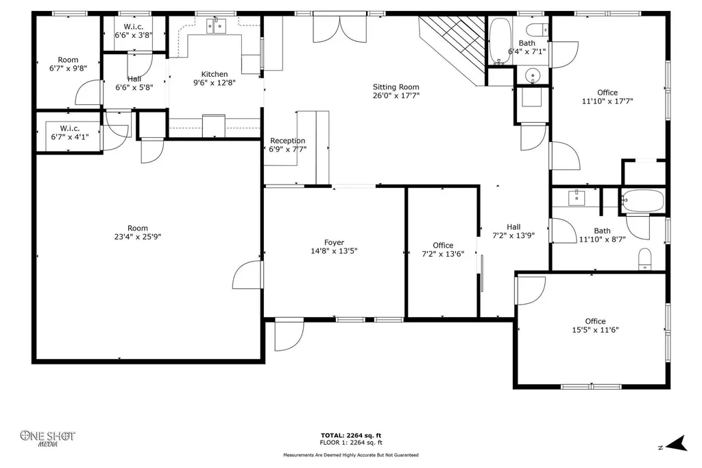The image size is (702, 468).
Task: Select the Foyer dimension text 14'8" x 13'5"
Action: click(334, 251)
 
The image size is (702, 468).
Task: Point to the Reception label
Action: click(287, 141)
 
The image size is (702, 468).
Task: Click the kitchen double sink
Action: click(216, 26)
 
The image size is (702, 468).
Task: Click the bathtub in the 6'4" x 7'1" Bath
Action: click(500, 40)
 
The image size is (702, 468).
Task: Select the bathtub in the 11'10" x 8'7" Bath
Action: click(643, 200)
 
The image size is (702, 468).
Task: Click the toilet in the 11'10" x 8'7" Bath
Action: click(644, 259)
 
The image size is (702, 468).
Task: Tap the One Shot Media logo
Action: click(47, 438)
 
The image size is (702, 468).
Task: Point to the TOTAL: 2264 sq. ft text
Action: click(351, 435)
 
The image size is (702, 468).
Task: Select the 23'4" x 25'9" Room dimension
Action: click(137, 237)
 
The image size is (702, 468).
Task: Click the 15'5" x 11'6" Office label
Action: click(596, 325)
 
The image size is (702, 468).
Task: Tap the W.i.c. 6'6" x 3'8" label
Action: click(134, 30)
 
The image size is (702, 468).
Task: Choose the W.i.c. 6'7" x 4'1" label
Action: click(70, 132)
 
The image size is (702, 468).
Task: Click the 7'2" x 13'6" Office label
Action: click(443, 250)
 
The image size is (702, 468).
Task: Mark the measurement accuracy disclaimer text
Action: click(351, 455)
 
